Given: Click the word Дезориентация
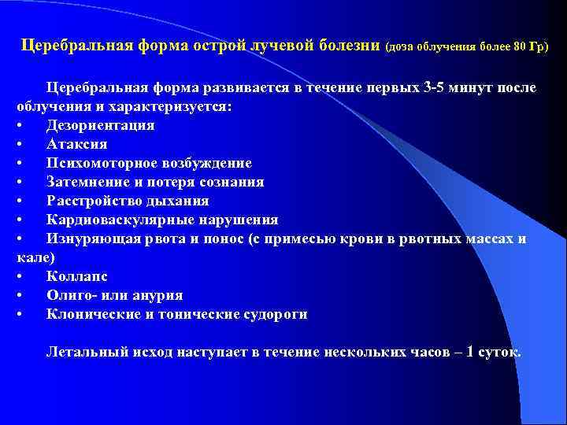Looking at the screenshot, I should [x=100, y=125].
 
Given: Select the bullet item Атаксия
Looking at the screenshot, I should [x=76, y=144].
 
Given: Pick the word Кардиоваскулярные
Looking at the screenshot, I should [x=116, y=220].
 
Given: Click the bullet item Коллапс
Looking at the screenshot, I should [x=76, y=276].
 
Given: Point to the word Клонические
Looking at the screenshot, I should [x=92, y=314].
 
